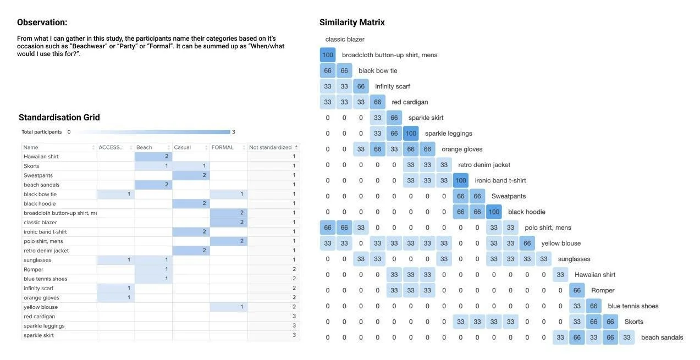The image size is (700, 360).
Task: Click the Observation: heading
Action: [x=42, y=23]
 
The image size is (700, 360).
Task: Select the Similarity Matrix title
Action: [x=352, y=23]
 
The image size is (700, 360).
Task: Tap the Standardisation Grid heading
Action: [x=59, y=117]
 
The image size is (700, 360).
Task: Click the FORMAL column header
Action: [x=223, y=147]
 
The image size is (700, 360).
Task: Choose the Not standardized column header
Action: [x=270, y=147]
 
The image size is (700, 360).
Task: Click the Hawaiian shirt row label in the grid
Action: [x=41, y=157]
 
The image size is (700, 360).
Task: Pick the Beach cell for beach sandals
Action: [x=153, y=185]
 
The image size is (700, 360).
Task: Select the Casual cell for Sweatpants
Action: [x=191, y=175]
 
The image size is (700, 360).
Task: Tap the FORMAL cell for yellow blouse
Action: [x=228, y=307]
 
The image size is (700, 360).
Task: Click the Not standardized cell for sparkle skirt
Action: [x=273, y=335]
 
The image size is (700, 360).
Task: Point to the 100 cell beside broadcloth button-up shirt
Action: [x=328, y=55]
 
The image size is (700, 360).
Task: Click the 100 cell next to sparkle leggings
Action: [x=411, y=134]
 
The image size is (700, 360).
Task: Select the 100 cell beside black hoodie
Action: [x=494, y=212]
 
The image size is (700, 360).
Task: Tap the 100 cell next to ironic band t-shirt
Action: [x=461, y=181]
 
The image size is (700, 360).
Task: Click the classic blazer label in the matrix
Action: [x=345, y=40]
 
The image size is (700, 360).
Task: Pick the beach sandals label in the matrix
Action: [x=662, y=337]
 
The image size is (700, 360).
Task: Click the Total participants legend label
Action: [x=42, y=132]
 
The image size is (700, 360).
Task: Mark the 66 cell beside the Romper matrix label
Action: [x=577, y=291]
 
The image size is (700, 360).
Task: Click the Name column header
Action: [x=31, y=147]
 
